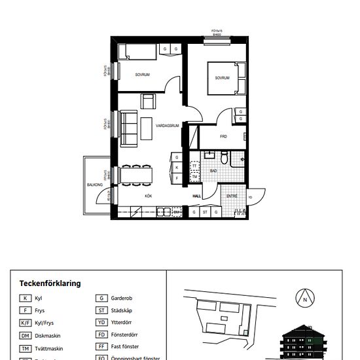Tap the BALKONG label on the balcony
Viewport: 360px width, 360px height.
[x=95, y=185]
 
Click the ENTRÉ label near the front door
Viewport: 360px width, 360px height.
[x=232, y=196]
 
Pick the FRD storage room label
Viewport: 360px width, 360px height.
[x=223, y=137]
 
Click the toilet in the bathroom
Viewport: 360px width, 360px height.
[x=225, y=157]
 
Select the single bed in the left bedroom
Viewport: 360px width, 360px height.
[x=137, y=53]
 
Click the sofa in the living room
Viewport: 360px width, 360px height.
[x=128, y=126]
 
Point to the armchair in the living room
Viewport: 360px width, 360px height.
[x=149, y=101]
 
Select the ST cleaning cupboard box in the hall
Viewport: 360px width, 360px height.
[x=205, y=212]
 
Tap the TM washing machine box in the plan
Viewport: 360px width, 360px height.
[x=194, y=177]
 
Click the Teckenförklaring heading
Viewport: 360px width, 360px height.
[x=50, y=283]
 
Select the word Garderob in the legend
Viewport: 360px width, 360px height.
[x=122, y=298]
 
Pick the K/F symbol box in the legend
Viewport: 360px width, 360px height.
[x=26, y=323]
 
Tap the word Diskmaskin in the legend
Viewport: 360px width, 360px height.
[x=49, y=335]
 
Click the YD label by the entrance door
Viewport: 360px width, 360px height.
[x=249, y=198]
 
